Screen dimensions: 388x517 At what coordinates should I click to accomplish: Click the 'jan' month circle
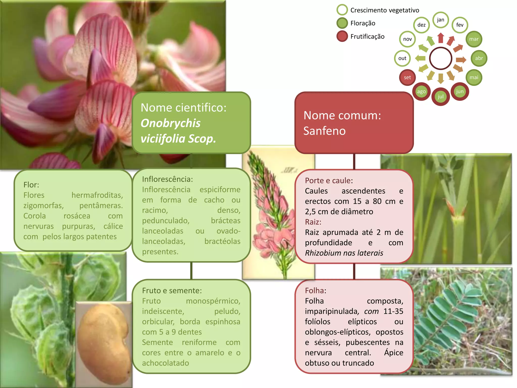[x=441, y=20]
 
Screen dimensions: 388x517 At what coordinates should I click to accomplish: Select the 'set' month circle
[x=407, y=78]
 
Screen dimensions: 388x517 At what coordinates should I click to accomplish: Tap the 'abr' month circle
[x=479, y=58]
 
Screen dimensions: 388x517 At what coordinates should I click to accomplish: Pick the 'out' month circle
[x=402, y=58]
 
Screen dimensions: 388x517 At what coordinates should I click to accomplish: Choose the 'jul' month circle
[x=441, y=97]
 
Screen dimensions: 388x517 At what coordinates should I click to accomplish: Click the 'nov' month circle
[x=407, y=39]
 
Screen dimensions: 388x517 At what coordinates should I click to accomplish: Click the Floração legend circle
[x=342, y=23]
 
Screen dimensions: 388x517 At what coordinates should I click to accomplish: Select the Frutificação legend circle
[x=342, y=36]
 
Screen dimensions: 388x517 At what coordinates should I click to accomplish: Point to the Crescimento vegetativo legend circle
[x=342, y=10]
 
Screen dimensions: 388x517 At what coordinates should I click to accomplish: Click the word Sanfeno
[x=324, y=131]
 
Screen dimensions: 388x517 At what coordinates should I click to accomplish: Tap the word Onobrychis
[x=170, y=123]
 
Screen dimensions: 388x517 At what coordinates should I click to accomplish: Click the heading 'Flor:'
[x=31, y=185]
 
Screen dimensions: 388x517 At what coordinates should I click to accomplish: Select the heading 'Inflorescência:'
[x=167, y=179]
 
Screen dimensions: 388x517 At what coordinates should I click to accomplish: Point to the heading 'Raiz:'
[x=313, y=222]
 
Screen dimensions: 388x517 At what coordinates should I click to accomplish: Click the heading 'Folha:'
[x=316, y=290]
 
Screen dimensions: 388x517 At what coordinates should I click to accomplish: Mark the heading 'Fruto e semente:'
[x=172, y=290]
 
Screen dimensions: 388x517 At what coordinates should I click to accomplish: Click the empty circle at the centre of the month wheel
[x=441, y=58]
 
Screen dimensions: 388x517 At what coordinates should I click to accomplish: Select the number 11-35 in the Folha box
[x=393, y=311]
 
